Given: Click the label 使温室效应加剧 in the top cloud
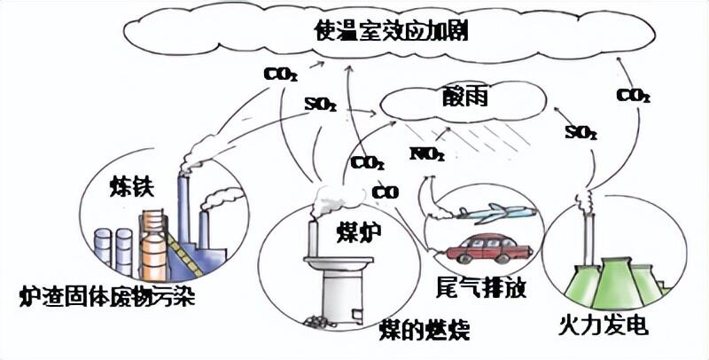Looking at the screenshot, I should pyautogui.click(x=391, y=33).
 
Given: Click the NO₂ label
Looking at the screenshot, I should pyautogui.click(x=426, y=154).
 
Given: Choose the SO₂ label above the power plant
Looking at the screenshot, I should pyautogui.click(x=580, y=134).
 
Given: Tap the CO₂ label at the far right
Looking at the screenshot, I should pyautogui.click(x=633, y=94).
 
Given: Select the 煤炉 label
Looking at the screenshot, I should pyautogui.click(x=356, y=231).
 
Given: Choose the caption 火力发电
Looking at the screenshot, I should pyautogui.click(x=604, y=325).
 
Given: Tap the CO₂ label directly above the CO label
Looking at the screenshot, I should pyautogui.click(x=367, y=163).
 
